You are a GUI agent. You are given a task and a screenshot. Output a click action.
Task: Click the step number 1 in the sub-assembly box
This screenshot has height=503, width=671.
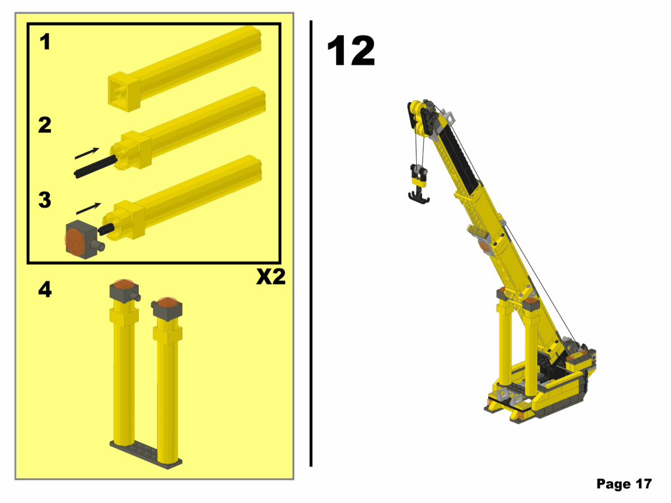click(45, 43)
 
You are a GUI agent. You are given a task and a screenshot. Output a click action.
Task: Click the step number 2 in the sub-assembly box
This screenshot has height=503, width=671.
click(45, 124)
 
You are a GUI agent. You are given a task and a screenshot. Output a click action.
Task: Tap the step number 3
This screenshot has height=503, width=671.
click(45, 200)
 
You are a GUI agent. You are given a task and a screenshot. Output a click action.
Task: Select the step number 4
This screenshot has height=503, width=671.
click(45, 289)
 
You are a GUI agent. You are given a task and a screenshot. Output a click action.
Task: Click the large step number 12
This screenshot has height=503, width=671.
click(351, 51)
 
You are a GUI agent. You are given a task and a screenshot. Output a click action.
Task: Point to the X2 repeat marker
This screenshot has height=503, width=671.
click(271, 277)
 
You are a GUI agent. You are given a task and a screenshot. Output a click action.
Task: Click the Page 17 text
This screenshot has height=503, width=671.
click(623, 484)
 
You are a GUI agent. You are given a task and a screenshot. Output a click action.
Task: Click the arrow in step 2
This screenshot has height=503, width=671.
click(87, 153)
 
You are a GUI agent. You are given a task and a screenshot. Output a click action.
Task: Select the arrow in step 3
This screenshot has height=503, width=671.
click(89, 208)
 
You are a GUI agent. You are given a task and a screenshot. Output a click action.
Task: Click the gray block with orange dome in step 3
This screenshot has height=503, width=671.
click(81, 240)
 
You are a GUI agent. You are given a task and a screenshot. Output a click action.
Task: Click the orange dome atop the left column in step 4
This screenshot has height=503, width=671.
click(123, 285)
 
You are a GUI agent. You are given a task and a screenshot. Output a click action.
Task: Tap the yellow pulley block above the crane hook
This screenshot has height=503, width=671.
click(418, 174)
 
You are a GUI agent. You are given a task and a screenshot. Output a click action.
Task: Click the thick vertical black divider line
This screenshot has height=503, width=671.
click(311, 242)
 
